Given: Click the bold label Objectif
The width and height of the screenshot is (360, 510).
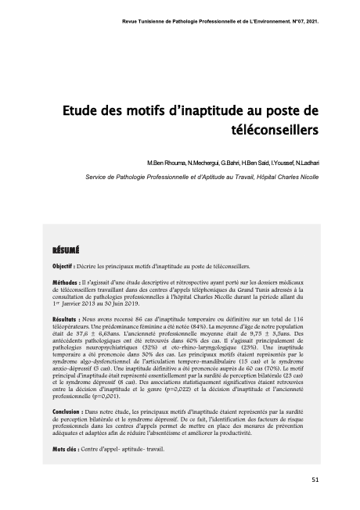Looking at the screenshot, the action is point(63,266).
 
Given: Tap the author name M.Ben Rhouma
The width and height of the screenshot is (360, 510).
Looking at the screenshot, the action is point(168,161).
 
